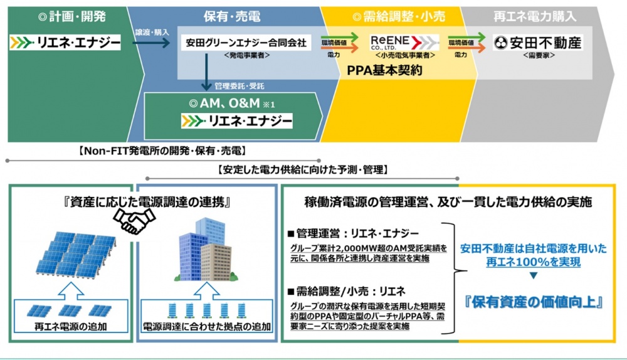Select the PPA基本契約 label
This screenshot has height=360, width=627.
(384, 70)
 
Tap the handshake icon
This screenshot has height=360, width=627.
(134, 217)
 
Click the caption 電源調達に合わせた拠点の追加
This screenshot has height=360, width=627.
(206, 327)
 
